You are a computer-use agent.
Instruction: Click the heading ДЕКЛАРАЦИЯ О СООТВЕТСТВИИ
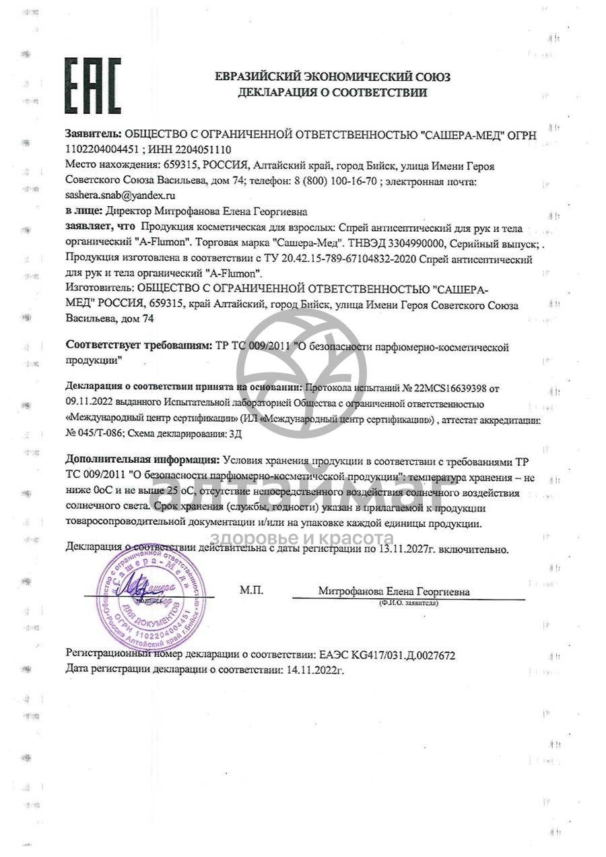click(x=332, y=93)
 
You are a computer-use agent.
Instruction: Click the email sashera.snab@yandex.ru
click(x=121, y=195)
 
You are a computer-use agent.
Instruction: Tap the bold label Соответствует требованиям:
click(x=139, y=346)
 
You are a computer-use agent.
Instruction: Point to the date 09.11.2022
click(x=90, y=404)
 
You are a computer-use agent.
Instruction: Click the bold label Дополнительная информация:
click(x=142, y=461)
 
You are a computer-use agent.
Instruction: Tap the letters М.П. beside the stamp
click(x=251, y=591)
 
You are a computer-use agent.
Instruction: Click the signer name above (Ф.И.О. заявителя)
click(x=394, y=592)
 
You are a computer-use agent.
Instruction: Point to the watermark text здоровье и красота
click(x=302, y=538)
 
